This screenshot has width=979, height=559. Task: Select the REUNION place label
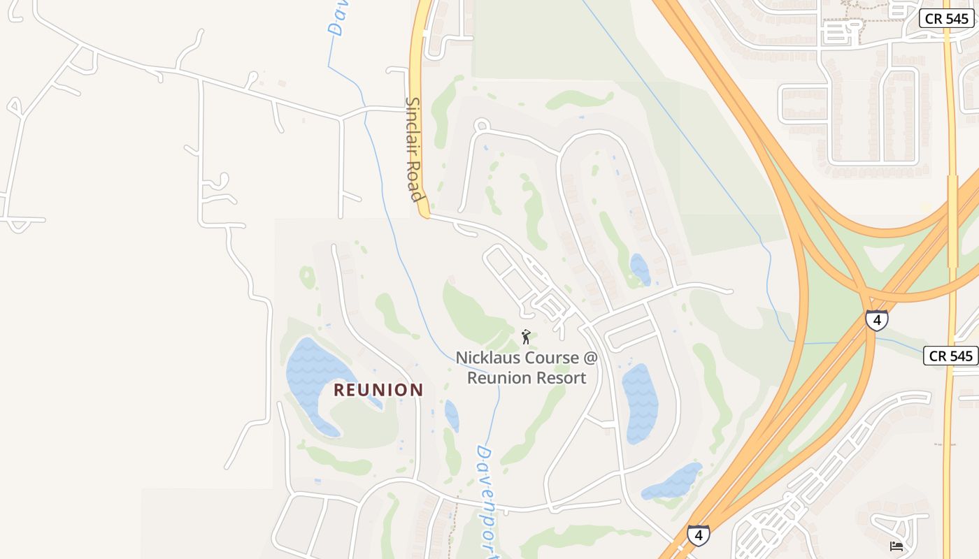click(x=378, y=390)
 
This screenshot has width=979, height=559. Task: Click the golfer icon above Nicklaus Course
click(x=526, y=337)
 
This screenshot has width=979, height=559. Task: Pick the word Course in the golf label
click(x=555, y=358)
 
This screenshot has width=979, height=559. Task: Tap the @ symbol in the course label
click(x=590, y=358)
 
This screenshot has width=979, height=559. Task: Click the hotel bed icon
click(x=896, y=546)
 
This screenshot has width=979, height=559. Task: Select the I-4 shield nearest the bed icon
click(x=698, y=535)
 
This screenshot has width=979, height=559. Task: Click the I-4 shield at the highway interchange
click(x=876, y=320)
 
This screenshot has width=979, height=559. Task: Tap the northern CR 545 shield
click(x=947, y=19)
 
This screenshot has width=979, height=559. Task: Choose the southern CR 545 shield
click(x=950, y=356)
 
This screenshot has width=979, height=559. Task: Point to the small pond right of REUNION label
click(x=452, y=415)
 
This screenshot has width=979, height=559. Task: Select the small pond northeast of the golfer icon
click(x=640, y=269)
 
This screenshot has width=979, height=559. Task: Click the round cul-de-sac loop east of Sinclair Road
click(x=481, y=126)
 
